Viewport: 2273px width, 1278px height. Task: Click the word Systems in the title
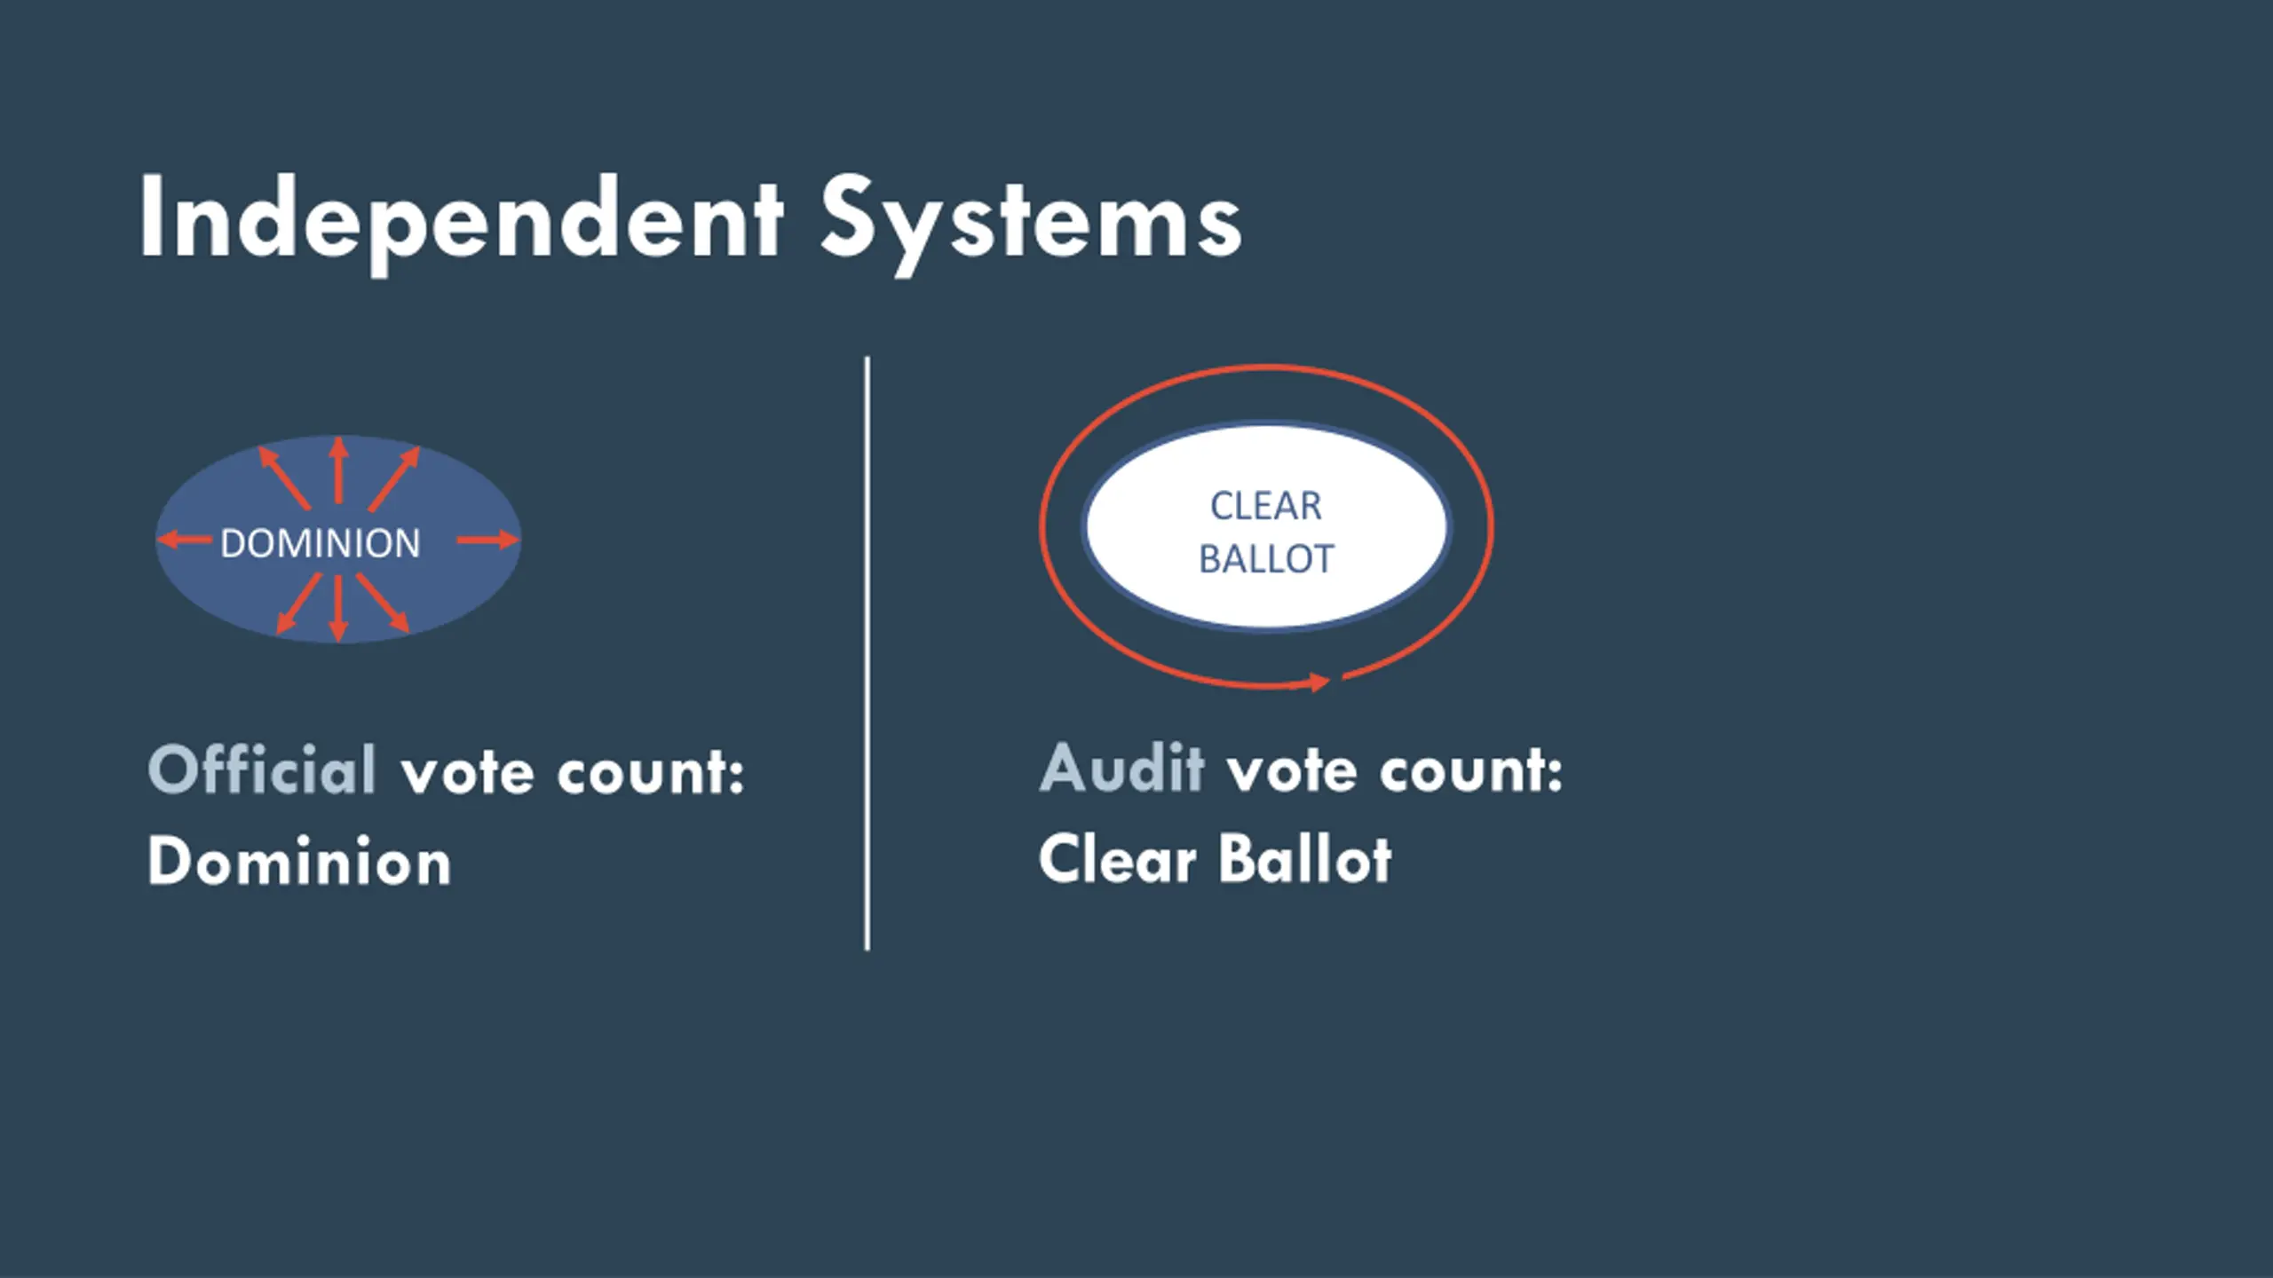pyautogui.click(x=1030, y=220)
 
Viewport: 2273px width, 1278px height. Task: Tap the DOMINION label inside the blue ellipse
pyautogui.click(x=320, y=543)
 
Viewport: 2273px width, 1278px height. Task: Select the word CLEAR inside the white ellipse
pyautogui.click(x=1265, y=506)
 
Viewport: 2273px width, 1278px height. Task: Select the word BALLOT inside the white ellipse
pyautogui.click(x=1265, y=559)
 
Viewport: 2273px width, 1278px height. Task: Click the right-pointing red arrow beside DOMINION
pyautogui.click(x=487, y=539)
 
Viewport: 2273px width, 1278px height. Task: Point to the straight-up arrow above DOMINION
pyautogui.click(x=337, y=470)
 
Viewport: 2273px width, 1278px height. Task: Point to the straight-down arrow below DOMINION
pyautogui.click(x=337, y=608)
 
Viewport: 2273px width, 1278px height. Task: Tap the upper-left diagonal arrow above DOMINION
pyautogui.click(x=283, y=477)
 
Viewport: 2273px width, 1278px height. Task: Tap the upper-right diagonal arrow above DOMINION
pyautogui.click(x=394, y=477)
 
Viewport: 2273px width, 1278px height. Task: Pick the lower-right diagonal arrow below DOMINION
pyautogui.click(x=384, y=603)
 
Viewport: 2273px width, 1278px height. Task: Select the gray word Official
pyautogui.click(x=263, y=769)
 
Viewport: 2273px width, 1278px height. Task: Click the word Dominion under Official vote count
pyautogui.click(x=299, y=861)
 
